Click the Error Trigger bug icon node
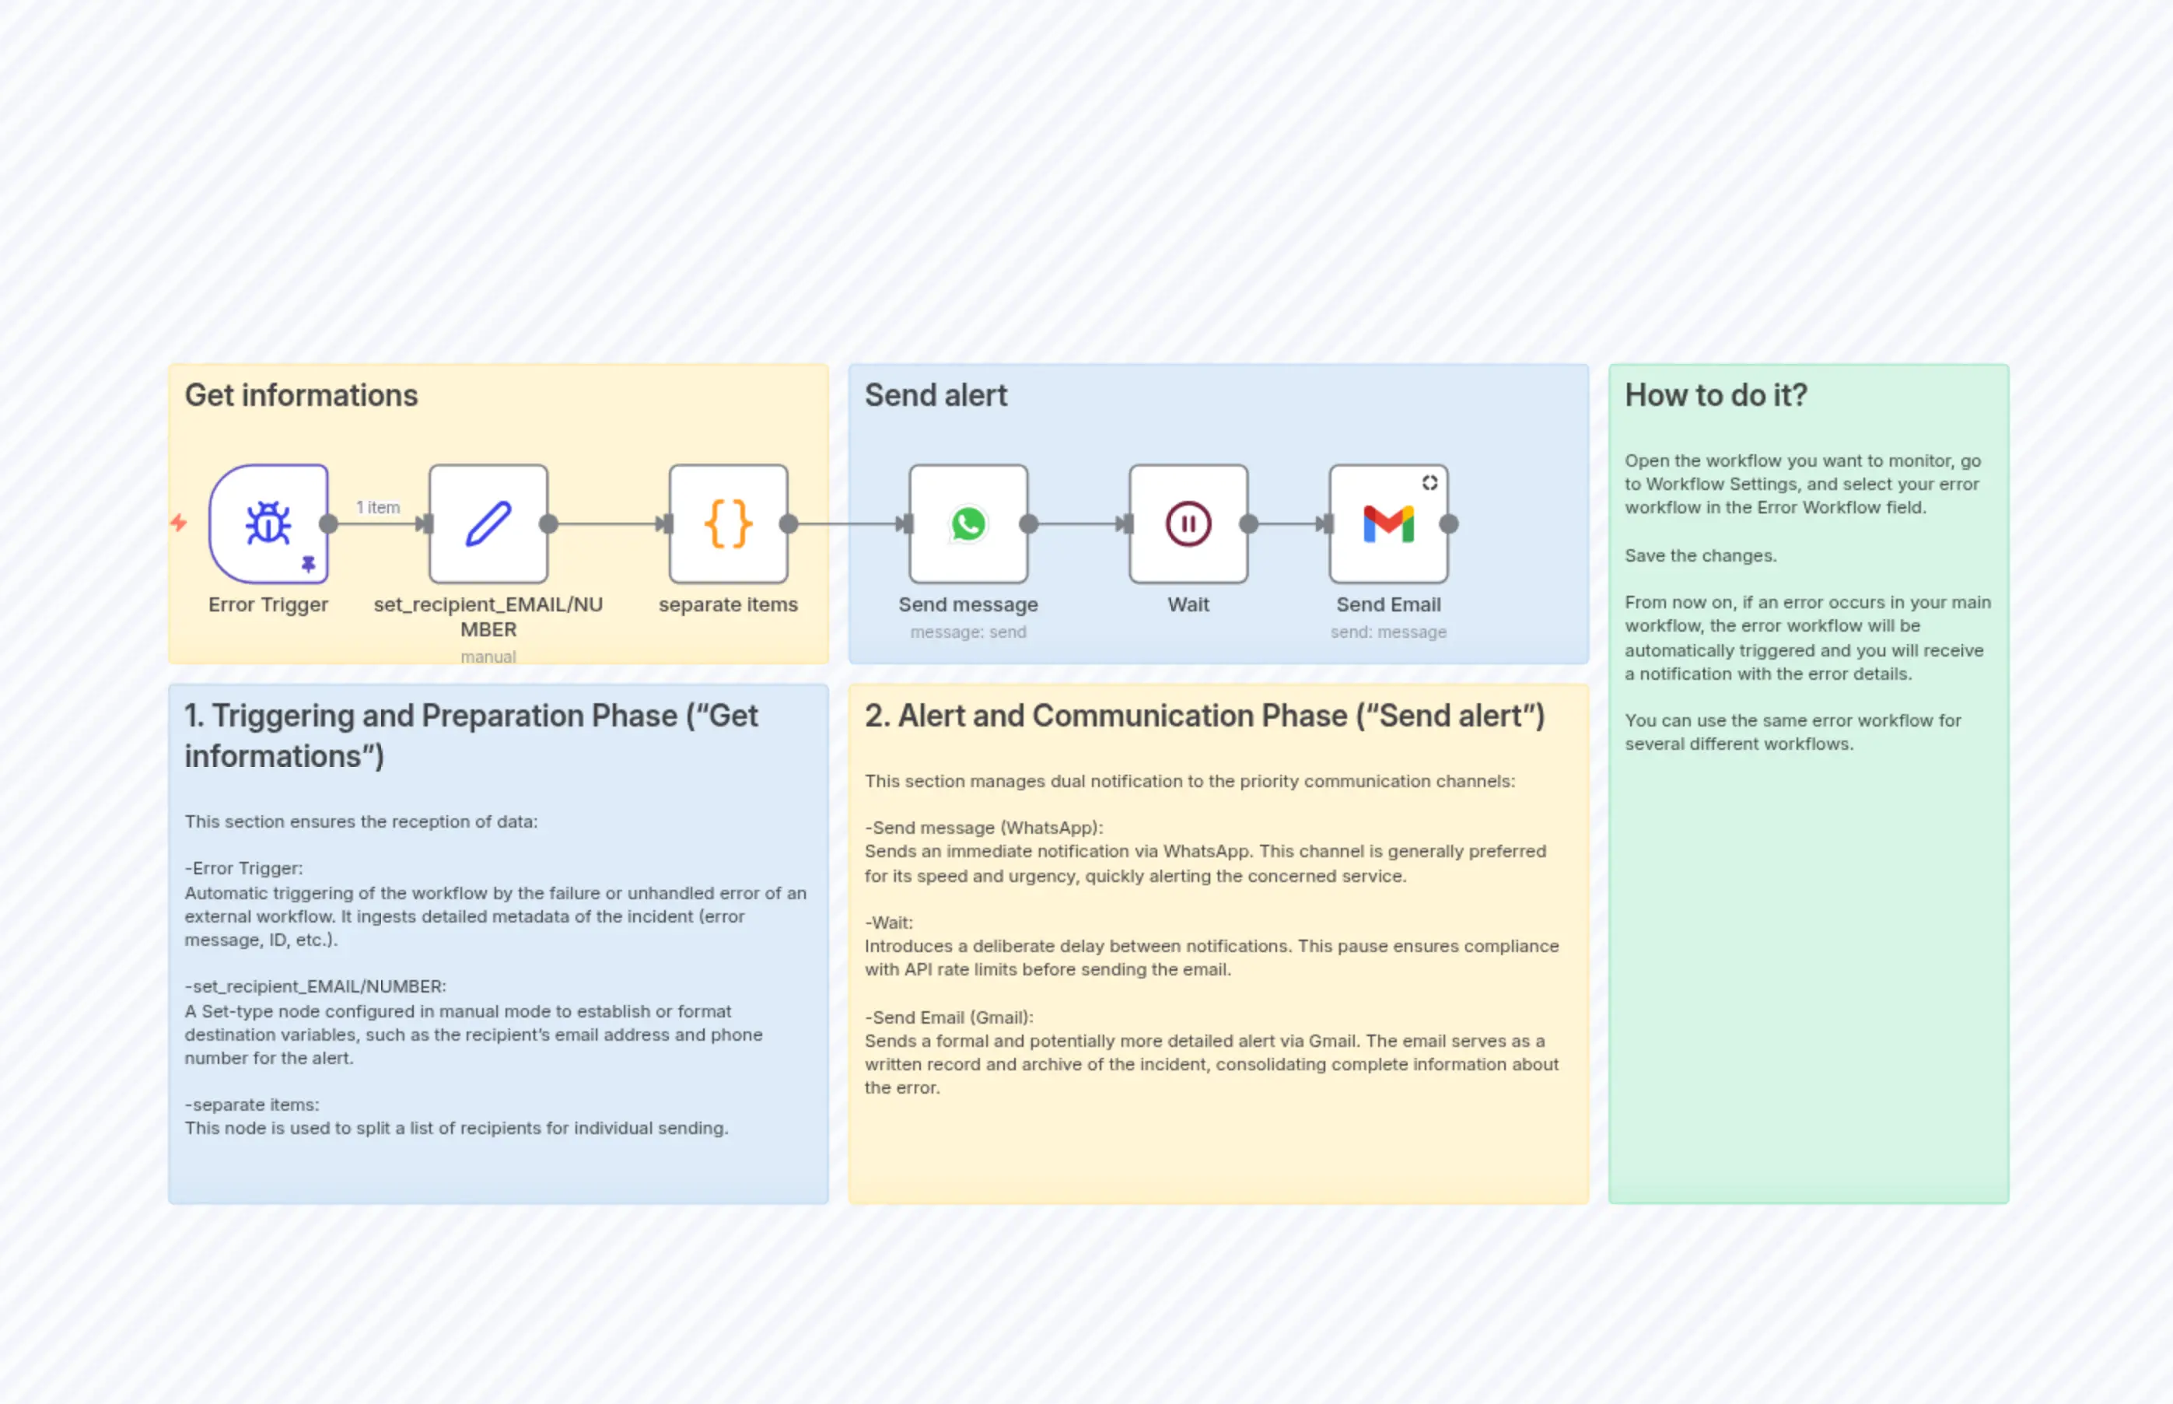pos(268,523)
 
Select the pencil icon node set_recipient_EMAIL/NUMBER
pos(488,523)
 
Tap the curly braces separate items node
pos(728,523)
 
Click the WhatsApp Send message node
pos(968,523)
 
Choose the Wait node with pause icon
pos(1188,523)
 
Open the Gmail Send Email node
pos(1388,523)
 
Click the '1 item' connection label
pos(377,507)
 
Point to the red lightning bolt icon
pos(179,523)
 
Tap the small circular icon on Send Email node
pos(1429,482)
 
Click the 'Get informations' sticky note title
pos(301,395)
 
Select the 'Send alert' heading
pos(935,395)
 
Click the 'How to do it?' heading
pos(1716,395)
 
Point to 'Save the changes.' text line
pos(1700,555)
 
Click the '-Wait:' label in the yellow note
pos(889,922)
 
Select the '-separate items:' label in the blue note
pos(251,1104)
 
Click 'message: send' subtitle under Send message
pos(968,632)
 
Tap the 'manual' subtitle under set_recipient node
pos(488,656)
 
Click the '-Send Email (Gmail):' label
pos(949,1017)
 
